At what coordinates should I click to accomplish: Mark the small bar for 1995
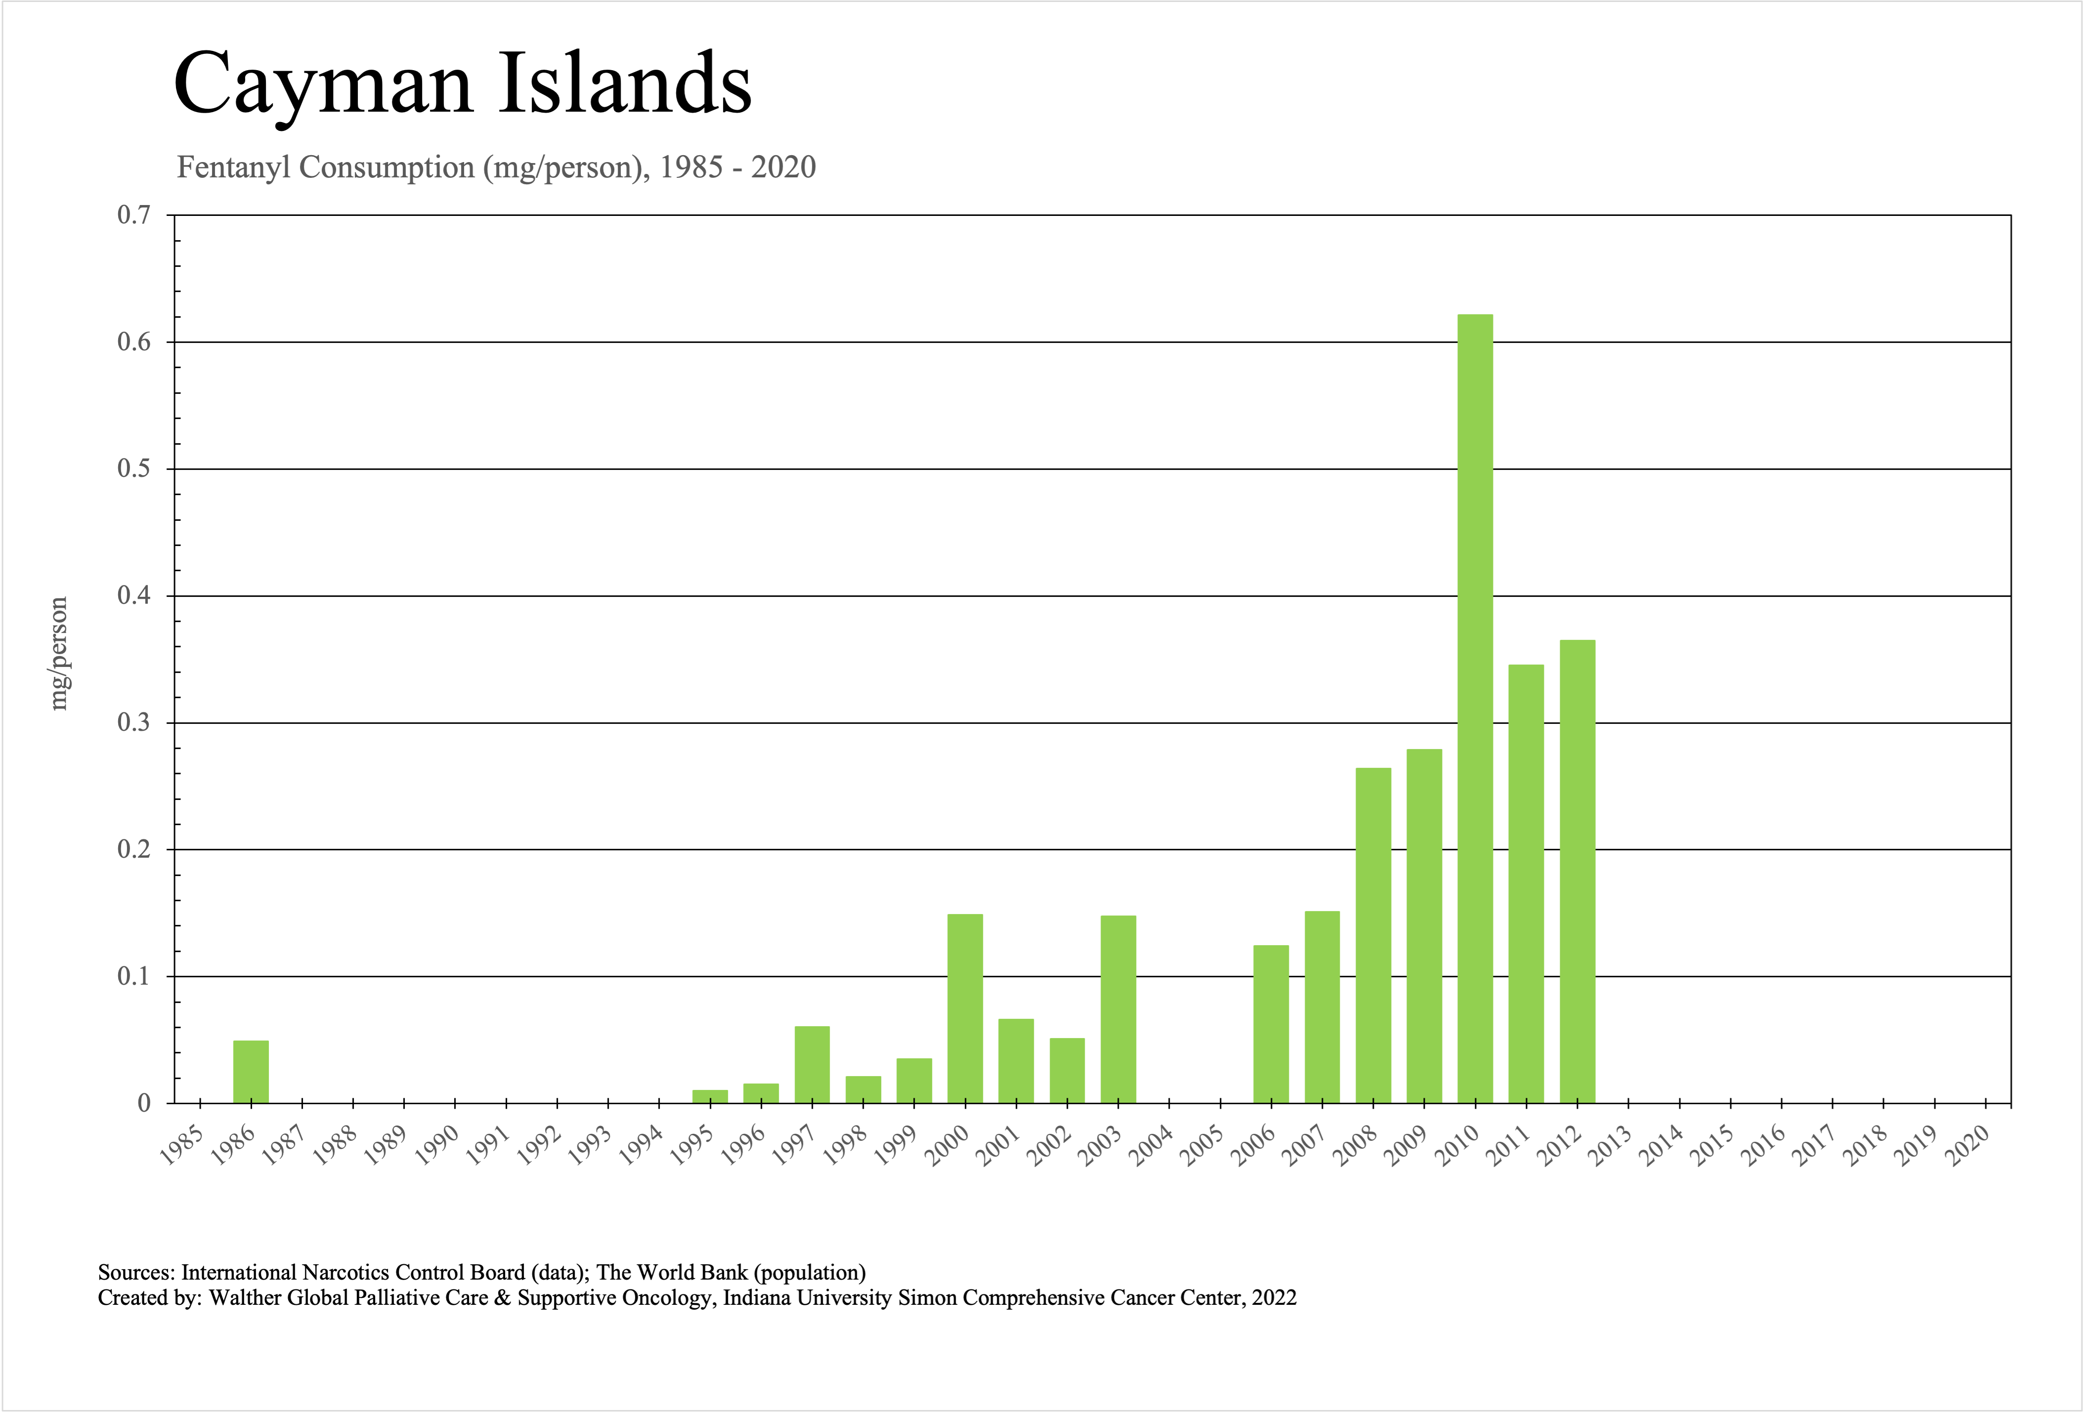[710, 1096]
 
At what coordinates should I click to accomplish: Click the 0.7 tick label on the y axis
[134, 215]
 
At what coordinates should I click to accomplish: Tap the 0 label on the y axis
[144, 1104]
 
